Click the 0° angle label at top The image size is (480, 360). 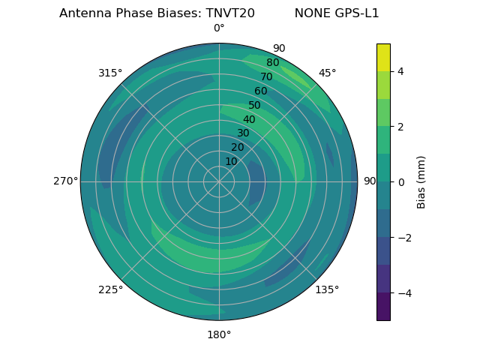(x=219, y=28)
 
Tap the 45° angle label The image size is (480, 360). (x=327, y=73)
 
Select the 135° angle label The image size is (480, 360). (x=327, y=289)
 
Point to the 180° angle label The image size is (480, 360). (x=219, y=334)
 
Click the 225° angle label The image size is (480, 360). (x=110, y=289)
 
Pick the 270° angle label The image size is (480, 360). (x=65, y=181)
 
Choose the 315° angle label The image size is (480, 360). (x=110, y=73)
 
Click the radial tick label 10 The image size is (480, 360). (x=231, y=161)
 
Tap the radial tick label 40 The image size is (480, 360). (x=249, y=119)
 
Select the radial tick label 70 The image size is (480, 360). (x=266, y=76)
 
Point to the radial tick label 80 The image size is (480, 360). (x=272, y=63)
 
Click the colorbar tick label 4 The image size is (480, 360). (x=400, y=71)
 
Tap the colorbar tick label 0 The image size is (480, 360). (x=400, y=182)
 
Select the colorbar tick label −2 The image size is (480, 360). (x=403, y=238)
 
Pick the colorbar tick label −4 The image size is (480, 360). (x=403, y=293)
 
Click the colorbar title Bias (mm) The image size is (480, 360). (x=421, y=182)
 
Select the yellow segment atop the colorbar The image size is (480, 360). (x=383, y=57)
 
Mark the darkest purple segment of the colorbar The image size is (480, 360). (x=383, y=307)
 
